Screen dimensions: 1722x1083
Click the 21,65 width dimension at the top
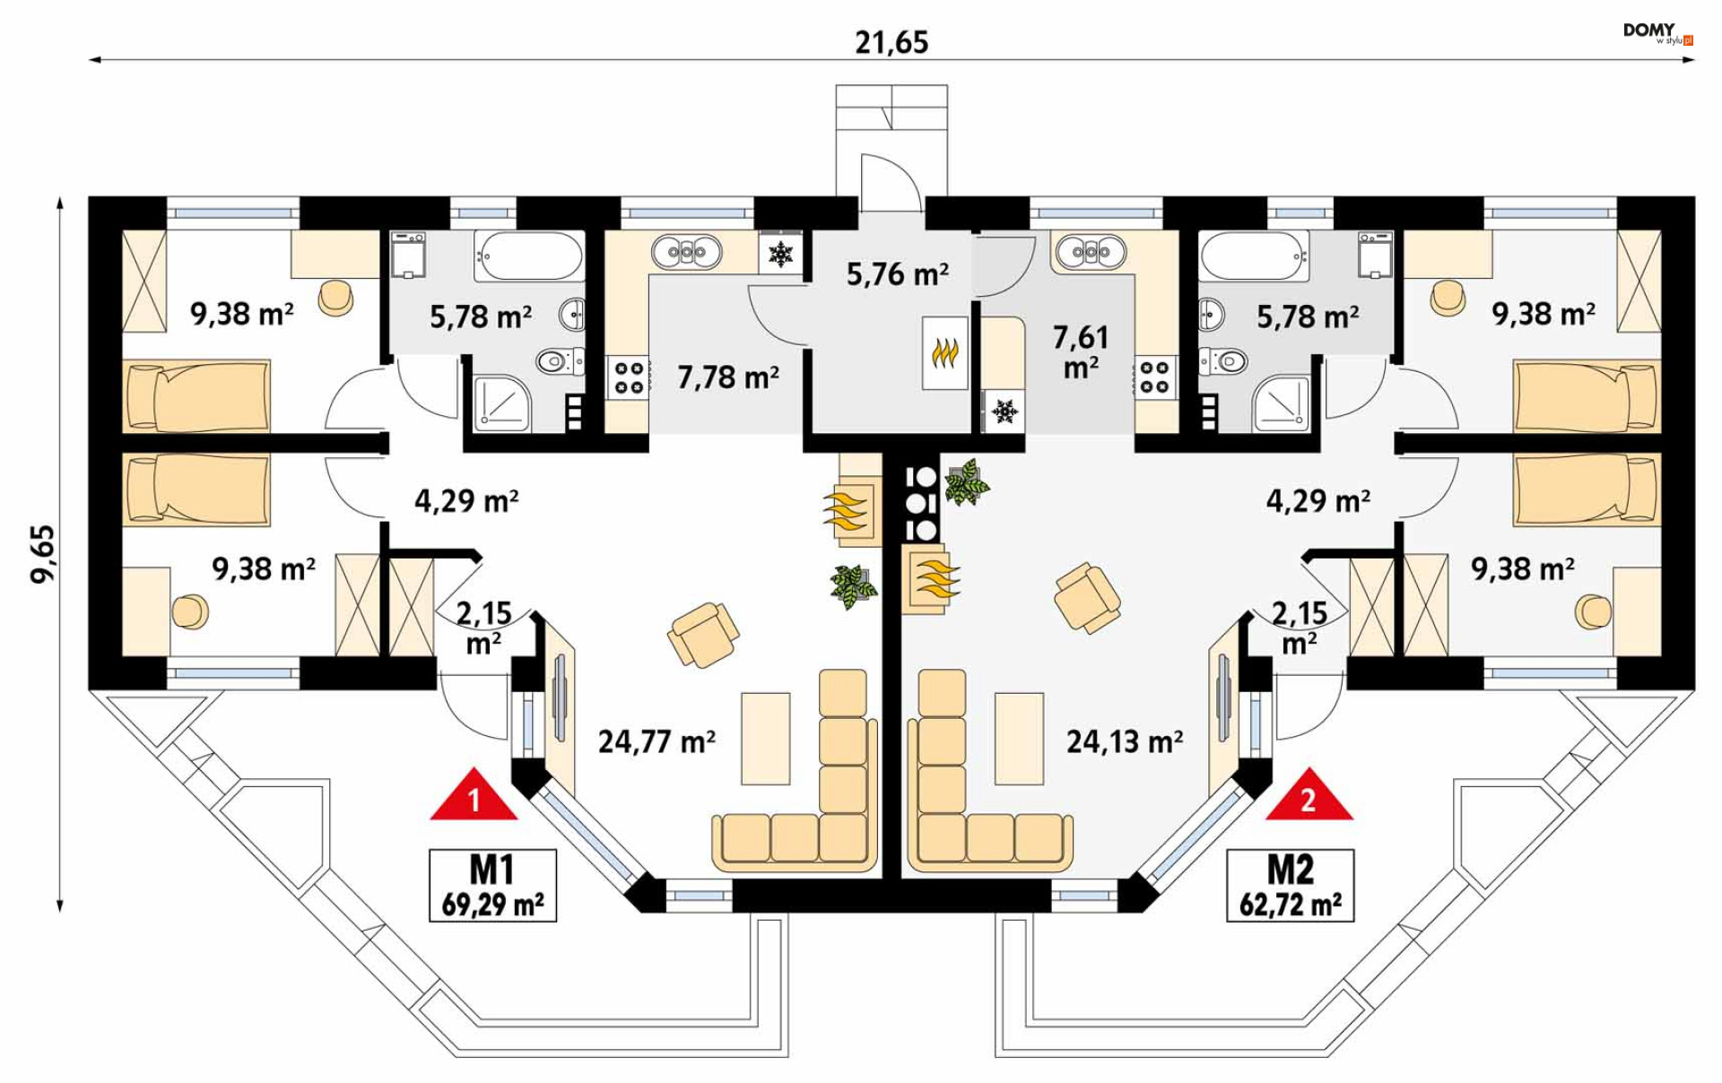coord(891,42)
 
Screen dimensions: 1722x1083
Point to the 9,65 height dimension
coord(43,554)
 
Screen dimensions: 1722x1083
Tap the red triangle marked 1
coord(474,794)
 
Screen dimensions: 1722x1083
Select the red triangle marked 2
coord(1309,794)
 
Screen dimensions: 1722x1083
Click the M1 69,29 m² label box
coord(492,886)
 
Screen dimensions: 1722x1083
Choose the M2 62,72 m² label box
coord(1291,886)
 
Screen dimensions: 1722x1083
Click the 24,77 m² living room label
coord(657,741)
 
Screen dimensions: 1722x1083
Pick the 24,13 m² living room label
coord(1125,741)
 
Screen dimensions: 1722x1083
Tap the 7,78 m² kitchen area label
coord(727,377)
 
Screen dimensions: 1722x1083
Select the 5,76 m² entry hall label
coord(898,273)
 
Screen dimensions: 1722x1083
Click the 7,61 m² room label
coord(1081,351)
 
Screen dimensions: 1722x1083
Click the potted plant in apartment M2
coord(966,482)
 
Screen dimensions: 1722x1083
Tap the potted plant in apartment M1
coord(853,586)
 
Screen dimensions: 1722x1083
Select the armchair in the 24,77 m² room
coord(703,635)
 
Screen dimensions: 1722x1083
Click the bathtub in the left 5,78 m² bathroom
coord(529,256)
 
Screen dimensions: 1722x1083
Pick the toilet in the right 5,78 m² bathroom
coord(1223,361)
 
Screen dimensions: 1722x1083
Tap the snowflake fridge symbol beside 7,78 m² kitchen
coord(781,254)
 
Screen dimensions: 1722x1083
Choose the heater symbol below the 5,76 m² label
coord(944,352)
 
